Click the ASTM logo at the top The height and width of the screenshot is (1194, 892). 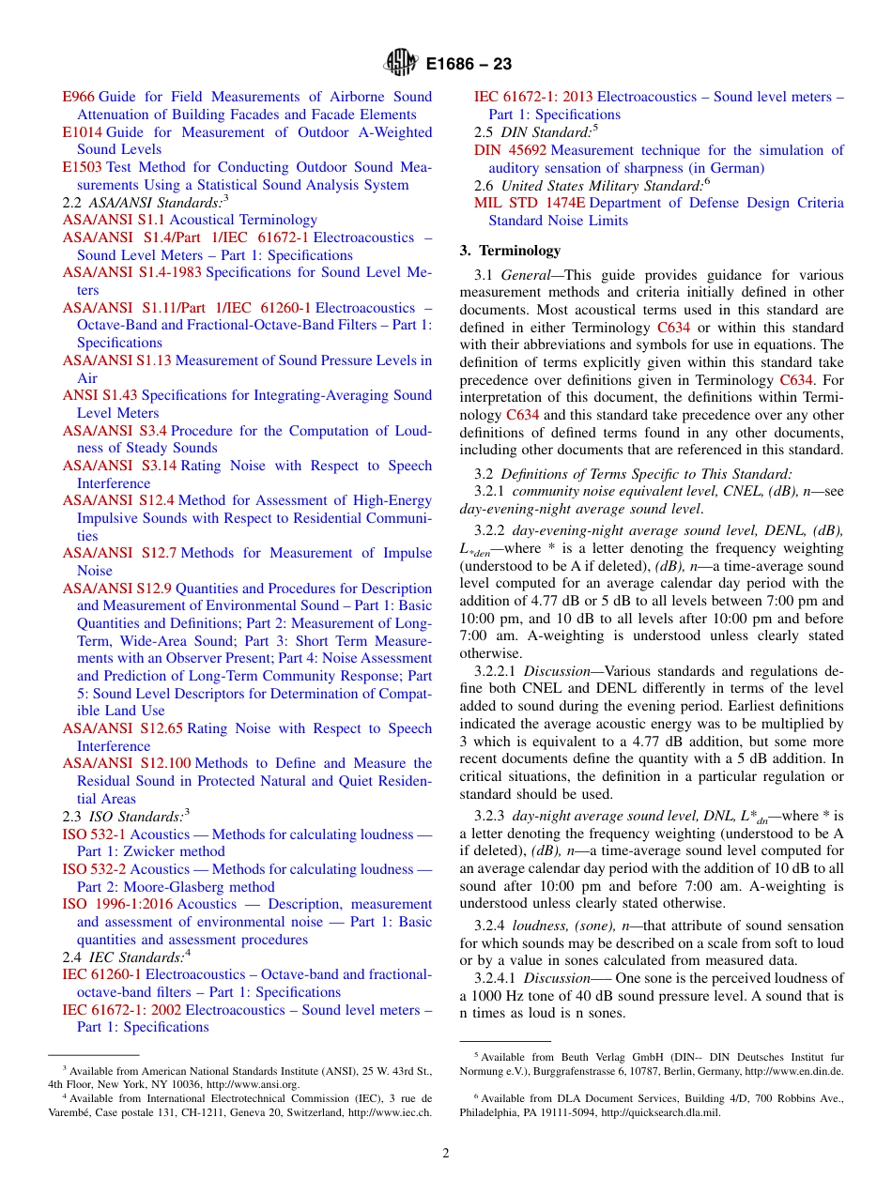coord(400,64)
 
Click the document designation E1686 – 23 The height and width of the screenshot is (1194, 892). coord(469,65)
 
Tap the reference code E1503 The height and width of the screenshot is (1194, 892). coord(82,167)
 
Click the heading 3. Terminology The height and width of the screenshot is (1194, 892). coord(510,251)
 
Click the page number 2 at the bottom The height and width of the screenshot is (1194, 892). coord(446,1152)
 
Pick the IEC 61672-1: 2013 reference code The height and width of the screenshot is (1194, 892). coord(532,97)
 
